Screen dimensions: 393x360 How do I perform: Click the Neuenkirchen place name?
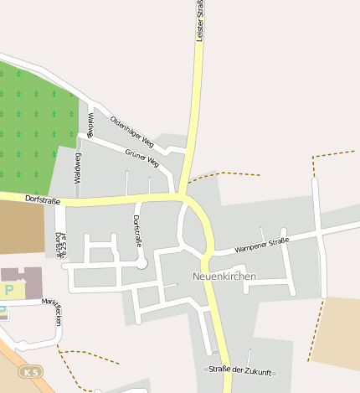[x=224, y=276]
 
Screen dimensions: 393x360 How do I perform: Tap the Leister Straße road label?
[x=201, y=21]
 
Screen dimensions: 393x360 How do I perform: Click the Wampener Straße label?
[x=262, y=245]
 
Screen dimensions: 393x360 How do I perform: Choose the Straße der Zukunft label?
[x=241, y=370]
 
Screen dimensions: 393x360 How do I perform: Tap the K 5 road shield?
[x=31, y=370]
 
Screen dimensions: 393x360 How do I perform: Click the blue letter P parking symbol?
[x=9, y=290]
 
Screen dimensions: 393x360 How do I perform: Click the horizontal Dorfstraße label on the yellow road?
[x=44, y=199]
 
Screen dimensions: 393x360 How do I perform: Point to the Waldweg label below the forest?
[x=78, y=168]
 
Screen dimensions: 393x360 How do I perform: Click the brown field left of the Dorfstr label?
[x=21, y=228]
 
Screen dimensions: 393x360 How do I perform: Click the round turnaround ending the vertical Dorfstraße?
[x=142, y=263]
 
